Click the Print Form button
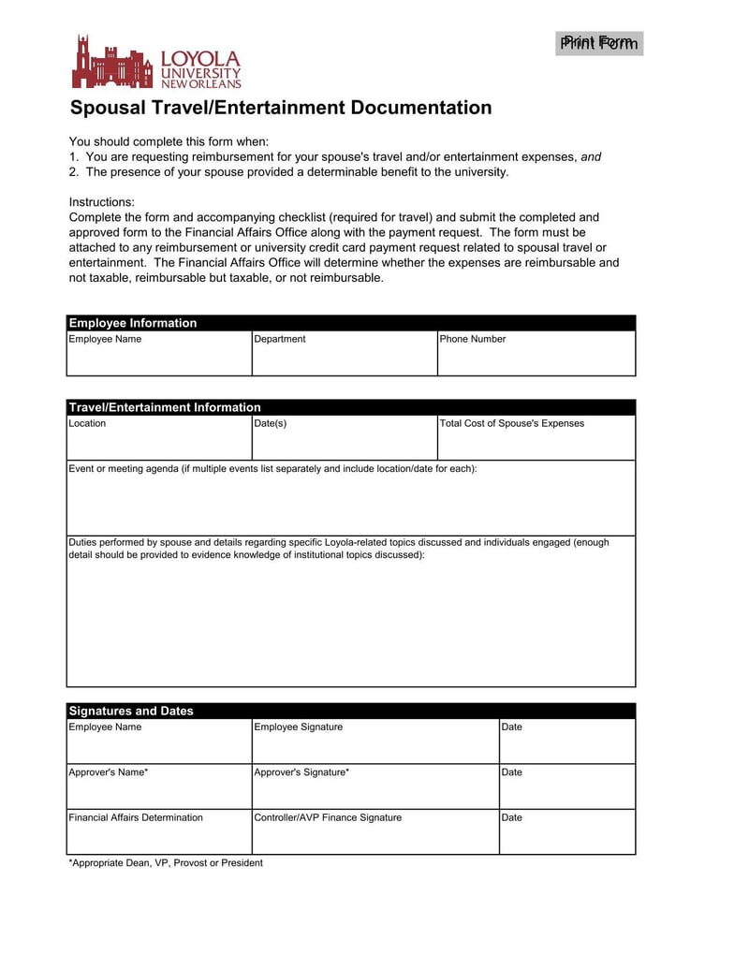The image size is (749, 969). [x=599, y=43]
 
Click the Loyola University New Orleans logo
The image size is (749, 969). [x=156, y=63]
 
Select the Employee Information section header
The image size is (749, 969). [x=133, y=323]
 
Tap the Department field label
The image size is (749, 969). [x=280, y=339]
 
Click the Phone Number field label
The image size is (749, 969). [x=473, y=339]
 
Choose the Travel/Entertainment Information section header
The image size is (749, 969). [x=165, y=407]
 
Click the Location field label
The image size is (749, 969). [x=88, y=423]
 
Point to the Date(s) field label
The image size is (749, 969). [x=271, y=423]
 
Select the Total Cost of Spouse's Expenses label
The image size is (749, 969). [x=512, y=423]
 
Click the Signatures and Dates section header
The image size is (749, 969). [x=131, y=711]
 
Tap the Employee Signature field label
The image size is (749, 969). [x=299, y=727]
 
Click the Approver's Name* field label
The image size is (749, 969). [x=109, y=772]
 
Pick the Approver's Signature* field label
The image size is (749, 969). [x=302, y=772]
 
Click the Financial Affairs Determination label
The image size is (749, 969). [x=136, y=817]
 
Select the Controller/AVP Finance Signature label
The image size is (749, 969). [x=328, y=817]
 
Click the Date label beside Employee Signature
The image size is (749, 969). [x=512, y=727]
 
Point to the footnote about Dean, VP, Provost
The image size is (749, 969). [x=166, y=862]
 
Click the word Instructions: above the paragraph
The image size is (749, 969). [x=102, y=202]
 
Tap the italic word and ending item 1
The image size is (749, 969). [x=591, y=157]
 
